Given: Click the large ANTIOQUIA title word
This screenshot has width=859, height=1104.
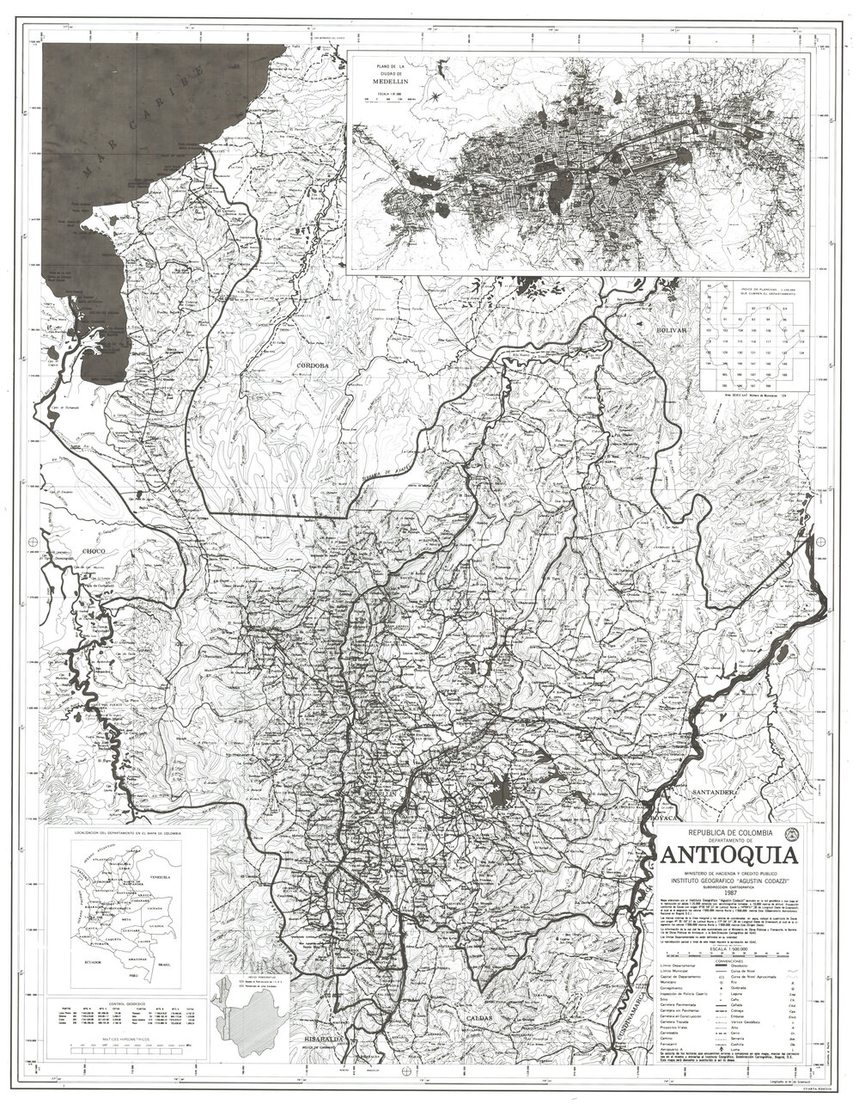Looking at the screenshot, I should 727,856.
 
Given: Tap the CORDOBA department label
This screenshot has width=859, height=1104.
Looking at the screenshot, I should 313,366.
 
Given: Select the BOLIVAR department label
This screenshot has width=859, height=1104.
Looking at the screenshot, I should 672,329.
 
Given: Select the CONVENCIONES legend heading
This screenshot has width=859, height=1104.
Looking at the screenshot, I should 727,960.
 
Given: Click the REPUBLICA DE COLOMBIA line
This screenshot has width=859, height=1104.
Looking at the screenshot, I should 726,833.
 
